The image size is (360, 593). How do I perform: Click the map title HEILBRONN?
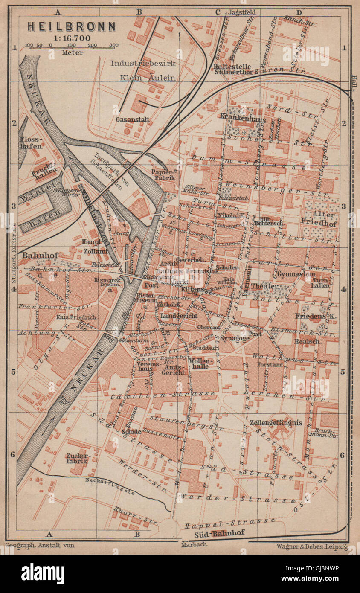click(x=72, y=26)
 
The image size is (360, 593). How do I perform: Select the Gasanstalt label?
click(x=132, y=119)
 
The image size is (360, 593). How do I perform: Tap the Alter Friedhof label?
click(x=319, y=217)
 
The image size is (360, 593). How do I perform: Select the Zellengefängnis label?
click(x=276, y=423)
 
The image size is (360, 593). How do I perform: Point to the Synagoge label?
click(x=235, y=338)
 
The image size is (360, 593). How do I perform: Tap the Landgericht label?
click(x=179, y=316)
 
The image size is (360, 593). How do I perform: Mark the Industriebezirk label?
click(x=143, y=63)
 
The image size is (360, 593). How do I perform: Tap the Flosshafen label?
click(x=31, y=142)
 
